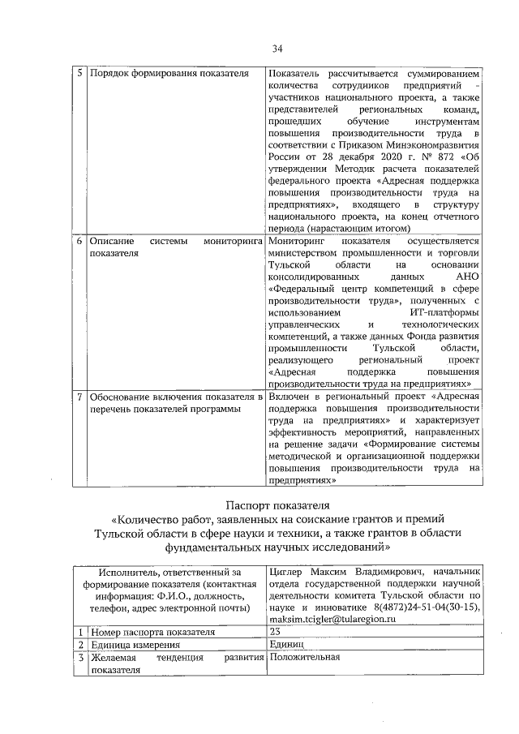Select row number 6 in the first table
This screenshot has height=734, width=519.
click(79, 242)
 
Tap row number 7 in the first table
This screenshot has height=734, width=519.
click(79, 397)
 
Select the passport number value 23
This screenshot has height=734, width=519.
click(274, 632)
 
